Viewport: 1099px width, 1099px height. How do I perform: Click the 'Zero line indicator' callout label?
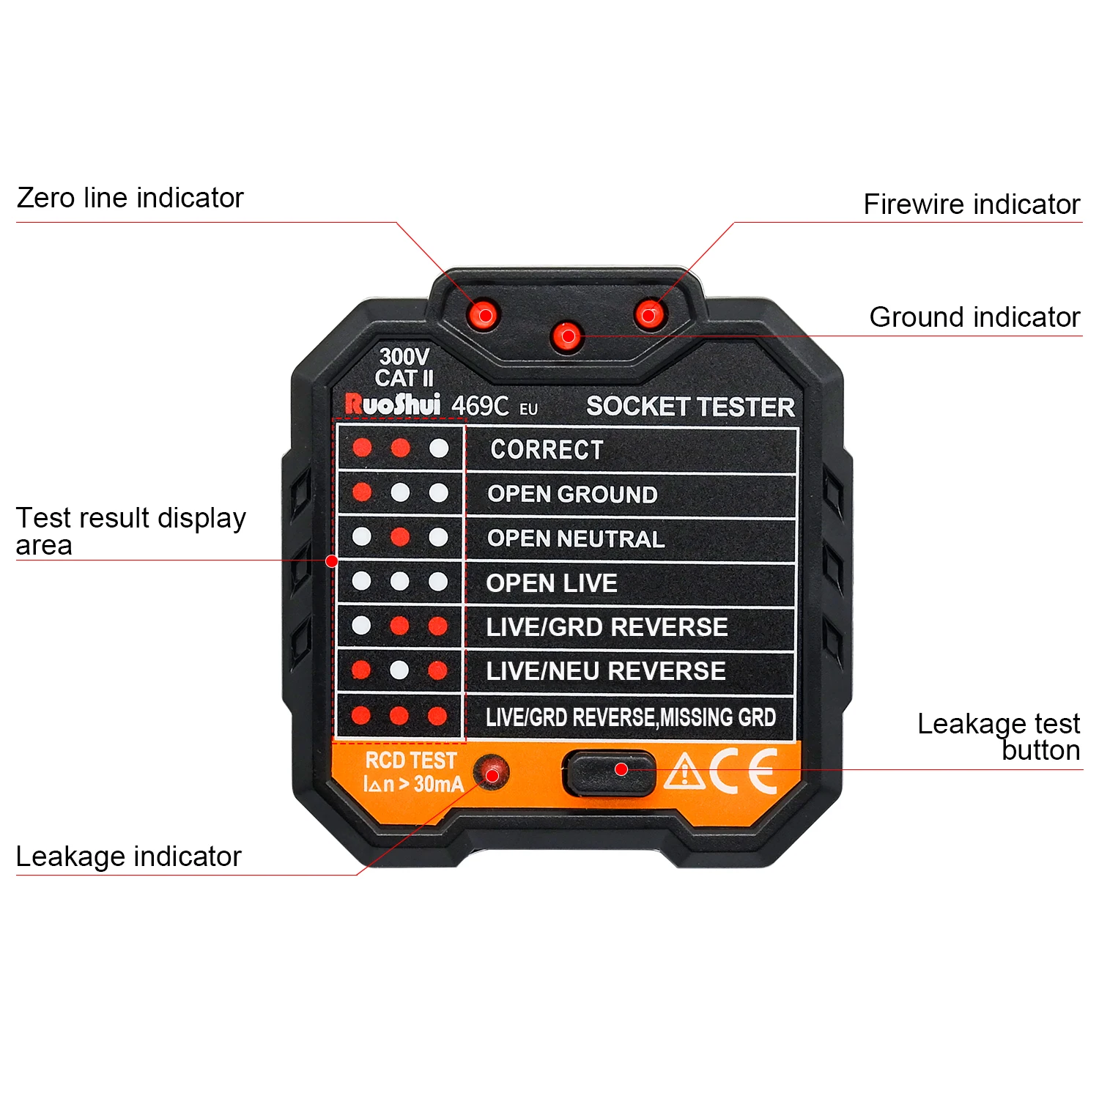pyautogui.click(x=130, y=198)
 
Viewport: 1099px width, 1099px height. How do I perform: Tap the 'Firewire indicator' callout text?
pyautogui.click(x=971, y=204)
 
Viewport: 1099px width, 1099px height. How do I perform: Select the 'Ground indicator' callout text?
pyautogui.click(x=974, y=317)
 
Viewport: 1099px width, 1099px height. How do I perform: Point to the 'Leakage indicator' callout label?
pyautogui.click(x=128, y=856)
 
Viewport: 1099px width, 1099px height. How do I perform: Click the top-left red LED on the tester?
pyautogui.click(x=484, y=315)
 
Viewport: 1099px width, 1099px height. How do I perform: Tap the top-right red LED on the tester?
pyautogui.click(x=649, y=315)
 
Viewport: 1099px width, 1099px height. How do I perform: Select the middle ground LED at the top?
pyautogui.click(x=567, y=336)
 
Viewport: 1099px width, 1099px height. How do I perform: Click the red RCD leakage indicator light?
pyautogui.click(x=492, y=774)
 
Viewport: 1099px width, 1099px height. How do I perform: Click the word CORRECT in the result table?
pyautogui.click(x=547, y=449)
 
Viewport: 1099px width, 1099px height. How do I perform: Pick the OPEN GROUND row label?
pyautogui.click(x=572, y=495)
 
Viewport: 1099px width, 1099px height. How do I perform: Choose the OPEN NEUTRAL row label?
pyautogui.click(x=576, y=539)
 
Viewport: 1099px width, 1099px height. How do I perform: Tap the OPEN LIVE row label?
pyautogui.click(x=552, y=583)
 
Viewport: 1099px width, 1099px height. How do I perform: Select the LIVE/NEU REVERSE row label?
pyautogui.click(x=605, y=671)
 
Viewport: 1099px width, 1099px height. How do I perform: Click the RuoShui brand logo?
pyautogui.click(x=393, y=404)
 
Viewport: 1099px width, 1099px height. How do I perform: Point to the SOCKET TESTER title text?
pyautogui.click(x=690, y=407)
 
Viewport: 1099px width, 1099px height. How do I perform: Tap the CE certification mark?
pyautogui.click(x=742, y=771)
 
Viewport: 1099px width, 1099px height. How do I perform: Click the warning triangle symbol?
pyautogui.click(x=684, y=772)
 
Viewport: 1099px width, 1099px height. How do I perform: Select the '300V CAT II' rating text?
pyautogui.click(x=404, y=368)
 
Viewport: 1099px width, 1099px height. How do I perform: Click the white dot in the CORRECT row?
pyautogui.click(x=439, y=448)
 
